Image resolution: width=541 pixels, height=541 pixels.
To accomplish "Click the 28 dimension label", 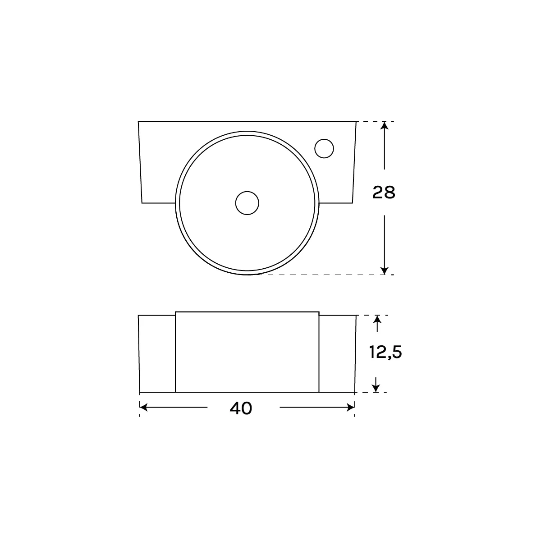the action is [x=384, y=193].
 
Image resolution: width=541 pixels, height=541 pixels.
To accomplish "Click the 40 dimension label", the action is [x=241, y=408].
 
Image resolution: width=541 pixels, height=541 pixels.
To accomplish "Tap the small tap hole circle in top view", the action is [x=324, y=148].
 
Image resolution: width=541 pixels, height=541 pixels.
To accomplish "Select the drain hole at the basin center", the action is [x=247, y=203].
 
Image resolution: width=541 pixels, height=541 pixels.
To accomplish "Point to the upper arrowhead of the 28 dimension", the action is [x=385, y=125].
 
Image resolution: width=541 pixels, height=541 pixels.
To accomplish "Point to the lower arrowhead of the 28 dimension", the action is [x=385, y=270].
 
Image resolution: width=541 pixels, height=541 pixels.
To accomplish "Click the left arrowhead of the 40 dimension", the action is [x=143, y=408].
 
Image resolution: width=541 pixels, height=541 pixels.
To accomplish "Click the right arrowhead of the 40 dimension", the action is [x=351, y=408].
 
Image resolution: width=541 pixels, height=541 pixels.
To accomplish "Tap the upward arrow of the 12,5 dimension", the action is [x=377, y=324].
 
